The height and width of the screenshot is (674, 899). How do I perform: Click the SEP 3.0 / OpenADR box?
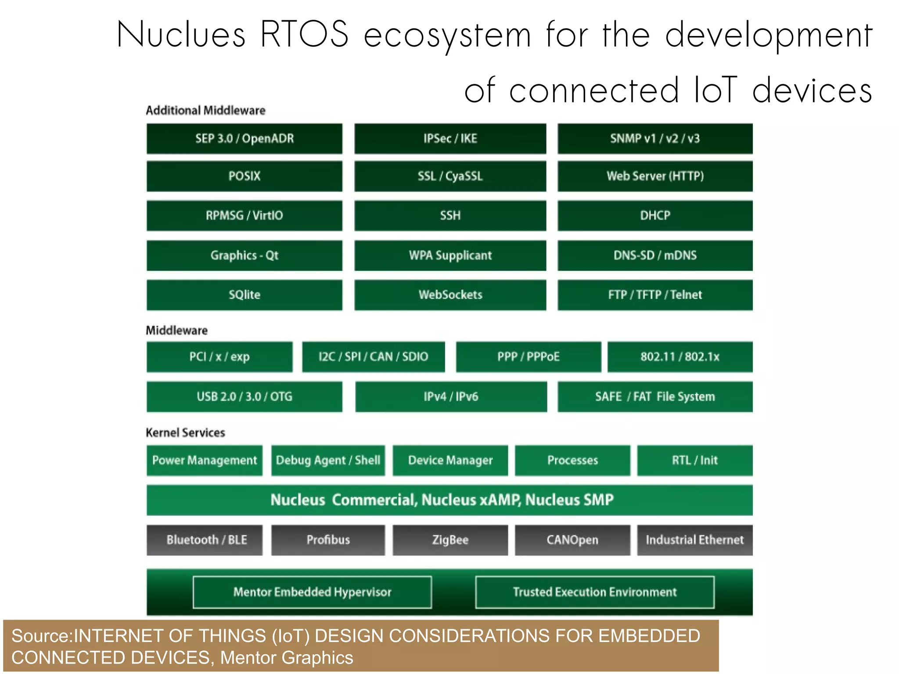pyautogui.click(x=244, y=139)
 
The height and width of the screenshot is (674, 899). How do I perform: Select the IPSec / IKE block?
pyautogui.click(x=450, y=139)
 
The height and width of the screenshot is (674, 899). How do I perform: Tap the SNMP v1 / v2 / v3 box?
pyautogui.click(x=654, y=139)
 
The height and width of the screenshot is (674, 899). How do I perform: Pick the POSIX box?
pyautogui.click(x=244, y=176)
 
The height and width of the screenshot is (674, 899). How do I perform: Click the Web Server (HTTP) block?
pyautogui.click(x=654, y=176)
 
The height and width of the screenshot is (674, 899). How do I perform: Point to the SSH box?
pyautogui.click(x=450, y=216)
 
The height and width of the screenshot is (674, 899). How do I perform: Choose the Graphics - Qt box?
pyautogui.click(x=244, y=255)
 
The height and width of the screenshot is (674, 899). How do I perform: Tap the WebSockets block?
pyautogui.click(x=450, y=295)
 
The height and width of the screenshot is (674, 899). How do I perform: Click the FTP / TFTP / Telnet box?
pyautogui.click(x=654, y=295)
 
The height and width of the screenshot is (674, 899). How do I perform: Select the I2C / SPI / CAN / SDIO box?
pyautogui.click(x=373, y=357)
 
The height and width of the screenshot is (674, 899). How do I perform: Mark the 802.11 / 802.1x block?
pyautogui.click(x=680, y=357)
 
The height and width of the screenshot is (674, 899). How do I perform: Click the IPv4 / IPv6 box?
pyautogui.click(x=451, y=396)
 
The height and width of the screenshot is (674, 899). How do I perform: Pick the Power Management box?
pyautogui.click(x=204, y=460)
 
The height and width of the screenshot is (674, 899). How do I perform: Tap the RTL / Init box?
pyautogui.click(x=694, y=460)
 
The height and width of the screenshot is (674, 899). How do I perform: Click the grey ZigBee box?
pyautogui.click(x=450, y=540)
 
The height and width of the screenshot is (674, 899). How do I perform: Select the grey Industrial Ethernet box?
pyautogui.click(x=694, y=540)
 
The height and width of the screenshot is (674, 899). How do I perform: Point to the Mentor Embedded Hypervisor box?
pyautogui.click(x=312, y=592)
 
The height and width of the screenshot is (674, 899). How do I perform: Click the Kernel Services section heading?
pyautogui.click(x=185, y=433)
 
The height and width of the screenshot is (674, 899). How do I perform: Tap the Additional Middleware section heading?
pyautogui.click(x=205, y=110)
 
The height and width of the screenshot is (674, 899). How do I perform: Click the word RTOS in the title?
pyautogui.click(x=304, y=34)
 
